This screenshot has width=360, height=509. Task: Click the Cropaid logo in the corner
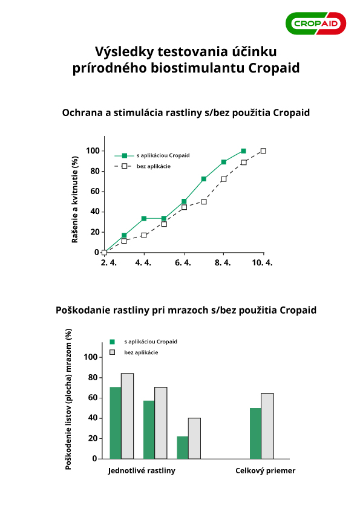pyautogui.click(x=316, y=24)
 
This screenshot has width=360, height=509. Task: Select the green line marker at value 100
pyautogui.click(x=243, y=151)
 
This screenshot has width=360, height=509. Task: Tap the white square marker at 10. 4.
pyautogui.click(x=263, y=151)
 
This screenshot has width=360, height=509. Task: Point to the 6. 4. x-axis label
pyautogui.click(x=183, y=262)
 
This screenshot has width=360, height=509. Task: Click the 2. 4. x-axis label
pyautogui.click(x=109, y=262)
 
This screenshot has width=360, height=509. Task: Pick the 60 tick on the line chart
pyautogui.click(x=95, y=192)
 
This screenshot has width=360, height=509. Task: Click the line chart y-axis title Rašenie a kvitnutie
pyautogui.click(x=75, y=199)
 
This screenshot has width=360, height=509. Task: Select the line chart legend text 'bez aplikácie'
pyautogui.click(x=153, y=166)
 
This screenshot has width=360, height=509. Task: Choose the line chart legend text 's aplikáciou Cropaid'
pyautogui.click(x=163, y=155)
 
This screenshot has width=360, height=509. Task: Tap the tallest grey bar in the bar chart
pyautogui.click(x=128, y=416)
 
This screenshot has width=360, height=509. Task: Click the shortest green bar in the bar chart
pyautogui.click(x=183, y=448)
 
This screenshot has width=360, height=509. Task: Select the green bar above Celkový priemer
pyautogui.click(x=255, y=433)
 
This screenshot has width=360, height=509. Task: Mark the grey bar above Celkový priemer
pyautogui.click(x=267, y=426)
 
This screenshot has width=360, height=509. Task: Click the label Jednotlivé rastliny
pyautogui.click(x=142, y=471)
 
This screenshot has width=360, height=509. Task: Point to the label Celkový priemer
pyautogui.click(x=266, y=471)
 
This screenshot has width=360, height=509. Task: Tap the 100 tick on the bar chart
pyautogui.click(x=91, y=357)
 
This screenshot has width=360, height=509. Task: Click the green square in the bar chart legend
pyautogui.click(x=113, y=342)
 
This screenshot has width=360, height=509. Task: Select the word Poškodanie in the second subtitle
pyautogui.click(x=83, y=310)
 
